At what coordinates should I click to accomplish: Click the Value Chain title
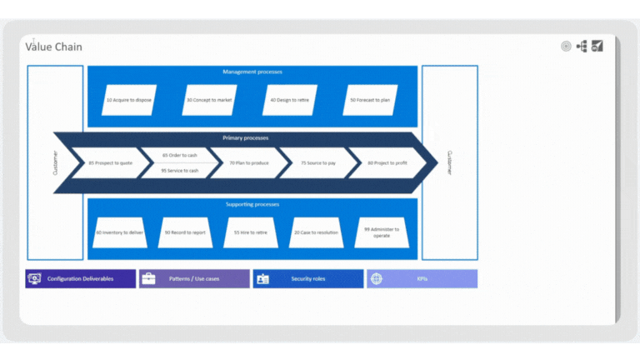pyautogui.click(x=54, y=47)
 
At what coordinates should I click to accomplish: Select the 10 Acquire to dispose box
pyautogui.click(x=128, y=100)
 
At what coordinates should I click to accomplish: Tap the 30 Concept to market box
pyautogui.click(x=209, y=100)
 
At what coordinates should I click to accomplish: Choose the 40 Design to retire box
pyautogui.click(x=290, y=100)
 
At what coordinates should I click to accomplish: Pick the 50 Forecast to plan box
pyautogui.click(x=370, y=100)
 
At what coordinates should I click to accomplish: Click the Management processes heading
pyautogui.click(x=252, y=72)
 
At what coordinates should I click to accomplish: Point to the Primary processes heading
pyautogui.click(x=246, y=137)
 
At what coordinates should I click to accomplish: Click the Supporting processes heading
pyautogui.click(x=252, y=204)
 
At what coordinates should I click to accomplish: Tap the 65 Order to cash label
pyautogui.click(x=180, y=155)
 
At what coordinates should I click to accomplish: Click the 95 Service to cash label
pyautogui.click(x=180, y=170)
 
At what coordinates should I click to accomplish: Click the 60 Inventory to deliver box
pyautogui.click(x=120, y=232)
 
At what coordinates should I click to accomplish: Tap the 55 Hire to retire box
pyautogui.click(x=250, y=232)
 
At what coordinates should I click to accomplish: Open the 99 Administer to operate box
pyautogui.click(x=381, y=232)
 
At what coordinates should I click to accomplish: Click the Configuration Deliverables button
pyautogui.click(x=80, y=278)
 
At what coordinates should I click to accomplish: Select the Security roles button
pyautogui.click(x=307, y=278)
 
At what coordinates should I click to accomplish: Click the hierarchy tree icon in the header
pyautogui.click(x=582, y=47)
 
